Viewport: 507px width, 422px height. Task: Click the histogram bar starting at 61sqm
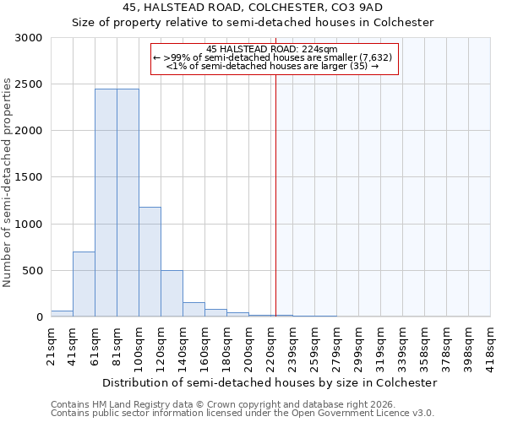(x=106, y=203)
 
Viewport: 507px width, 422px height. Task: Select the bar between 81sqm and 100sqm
(x=128, y=203)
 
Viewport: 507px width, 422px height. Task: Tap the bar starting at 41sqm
(x=84, y=284)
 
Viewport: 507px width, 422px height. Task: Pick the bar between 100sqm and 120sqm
(x=150, y=262)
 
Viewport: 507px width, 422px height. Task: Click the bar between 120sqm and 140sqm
(x=172, y=293)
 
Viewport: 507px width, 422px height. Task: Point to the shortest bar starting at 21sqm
(x=62, y=313)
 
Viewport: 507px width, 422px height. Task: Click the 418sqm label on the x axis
(x=490, y=344)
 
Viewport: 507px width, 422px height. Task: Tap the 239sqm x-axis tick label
(x=292, y=344)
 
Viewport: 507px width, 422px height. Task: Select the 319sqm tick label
(x=380, y=344)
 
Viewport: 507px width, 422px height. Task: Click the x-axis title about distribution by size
(x=270, y=382)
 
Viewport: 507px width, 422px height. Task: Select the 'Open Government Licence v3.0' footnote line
(x=243, y=414)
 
